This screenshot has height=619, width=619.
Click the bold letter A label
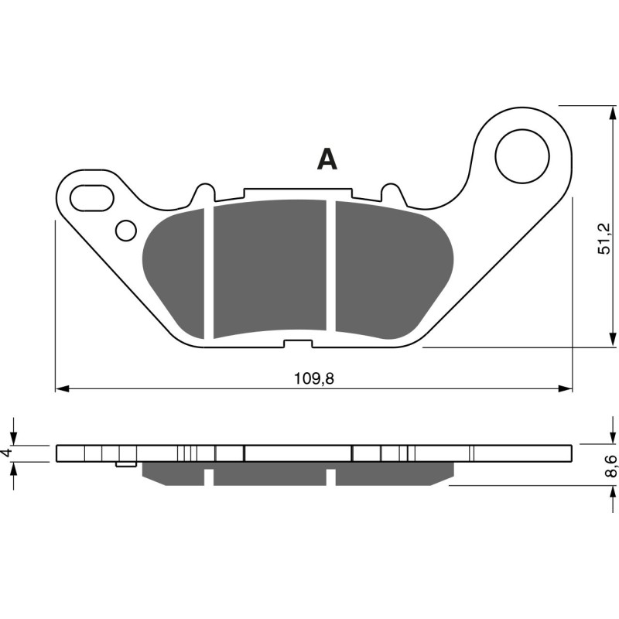(327, 159)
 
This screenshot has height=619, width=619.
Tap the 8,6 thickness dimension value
(610, 466)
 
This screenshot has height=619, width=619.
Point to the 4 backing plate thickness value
(7, 453)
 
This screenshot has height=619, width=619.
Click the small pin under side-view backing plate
(121, 465)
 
